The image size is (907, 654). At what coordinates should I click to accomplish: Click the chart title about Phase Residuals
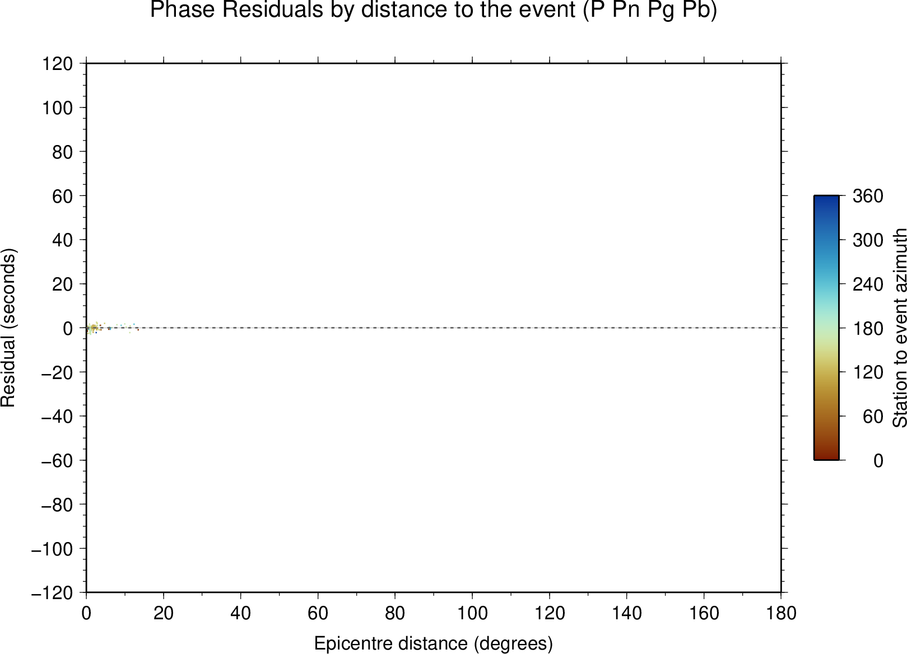433,10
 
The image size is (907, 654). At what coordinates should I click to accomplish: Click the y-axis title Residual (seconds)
8,328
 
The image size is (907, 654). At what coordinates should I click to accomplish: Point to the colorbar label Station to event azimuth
899,328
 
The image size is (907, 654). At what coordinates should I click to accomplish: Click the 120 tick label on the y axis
58,63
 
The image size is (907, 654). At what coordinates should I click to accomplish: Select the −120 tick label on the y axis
52,593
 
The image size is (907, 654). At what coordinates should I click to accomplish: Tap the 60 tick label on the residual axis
63,196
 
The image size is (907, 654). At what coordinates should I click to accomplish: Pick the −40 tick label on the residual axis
57,416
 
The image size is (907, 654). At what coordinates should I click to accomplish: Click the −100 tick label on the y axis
52,549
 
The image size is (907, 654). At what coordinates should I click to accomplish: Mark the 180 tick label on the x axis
781,614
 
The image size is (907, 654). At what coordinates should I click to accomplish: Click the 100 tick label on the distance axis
472,614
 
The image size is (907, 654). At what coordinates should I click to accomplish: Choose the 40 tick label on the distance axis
240,614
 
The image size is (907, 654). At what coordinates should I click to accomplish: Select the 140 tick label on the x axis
626,614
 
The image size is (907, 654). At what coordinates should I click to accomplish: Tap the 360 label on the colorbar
868,196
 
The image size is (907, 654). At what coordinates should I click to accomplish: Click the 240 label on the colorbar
868,284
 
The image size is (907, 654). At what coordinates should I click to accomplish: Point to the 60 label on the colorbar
873,416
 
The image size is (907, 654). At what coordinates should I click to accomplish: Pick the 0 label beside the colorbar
878,461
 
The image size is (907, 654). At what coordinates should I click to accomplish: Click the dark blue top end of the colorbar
826,198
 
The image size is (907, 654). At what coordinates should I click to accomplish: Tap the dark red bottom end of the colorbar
826,457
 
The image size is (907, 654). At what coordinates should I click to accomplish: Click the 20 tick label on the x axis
163,614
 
